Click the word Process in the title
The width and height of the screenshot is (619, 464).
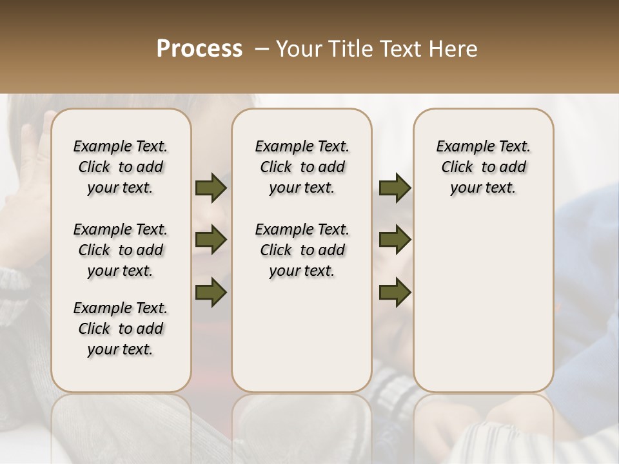pos(199,49)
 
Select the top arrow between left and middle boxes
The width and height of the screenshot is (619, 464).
pos(211,188)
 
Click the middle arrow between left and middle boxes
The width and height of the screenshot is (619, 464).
pos(211,240)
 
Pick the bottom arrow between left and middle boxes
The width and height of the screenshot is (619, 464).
pos(211,292)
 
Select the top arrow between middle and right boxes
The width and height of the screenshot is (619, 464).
pos(395,188)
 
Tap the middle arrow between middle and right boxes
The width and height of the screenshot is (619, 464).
pos(395,240)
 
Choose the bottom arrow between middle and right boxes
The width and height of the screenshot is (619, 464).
pos(395,292)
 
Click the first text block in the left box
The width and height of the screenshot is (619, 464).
pos(121,167)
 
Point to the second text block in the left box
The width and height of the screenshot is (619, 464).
pos(121,250)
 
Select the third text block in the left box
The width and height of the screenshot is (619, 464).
pos(121,329)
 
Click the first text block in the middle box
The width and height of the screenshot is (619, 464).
pos(302,167)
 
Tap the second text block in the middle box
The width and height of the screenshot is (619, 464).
pos(302,250)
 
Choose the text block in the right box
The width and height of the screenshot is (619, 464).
pos(484,167)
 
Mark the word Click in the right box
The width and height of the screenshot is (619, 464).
pos(458,168)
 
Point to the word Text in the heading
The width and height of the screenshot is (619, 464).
pos(400,49)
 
